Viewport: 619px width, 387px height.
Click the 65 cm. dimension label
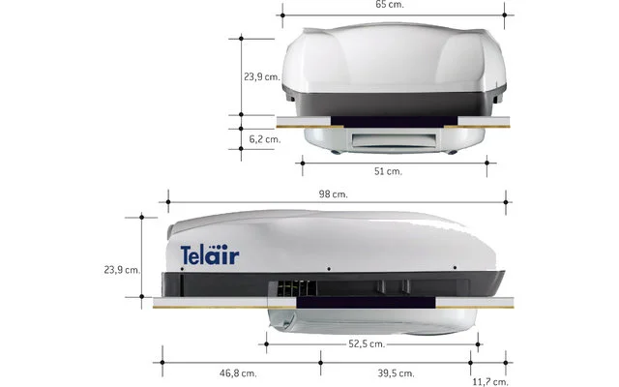point(389,5)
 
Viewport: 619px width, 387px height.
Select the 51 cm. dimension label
point(388,171)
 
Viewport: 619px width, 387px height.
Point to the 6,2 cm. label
point(264,139)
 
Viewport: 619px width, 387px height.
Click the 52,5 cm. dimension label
point(368,343)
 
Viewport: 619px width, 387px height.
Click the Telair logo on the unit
point(210,256)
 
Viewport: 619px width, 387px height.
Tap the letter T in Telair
point(187,256)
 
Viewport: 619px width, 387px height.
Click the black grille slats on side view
point(296,288)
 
